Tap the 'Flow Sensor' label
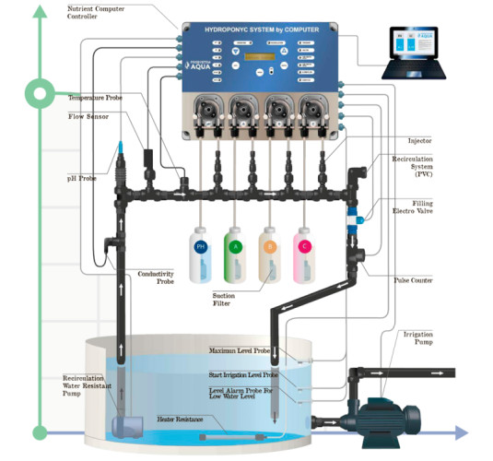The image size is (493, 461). click(88, 117)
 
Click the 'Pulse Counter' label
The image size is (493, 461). click(414, 279)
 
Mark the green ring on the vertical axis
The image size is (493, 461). click(39, 91)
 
